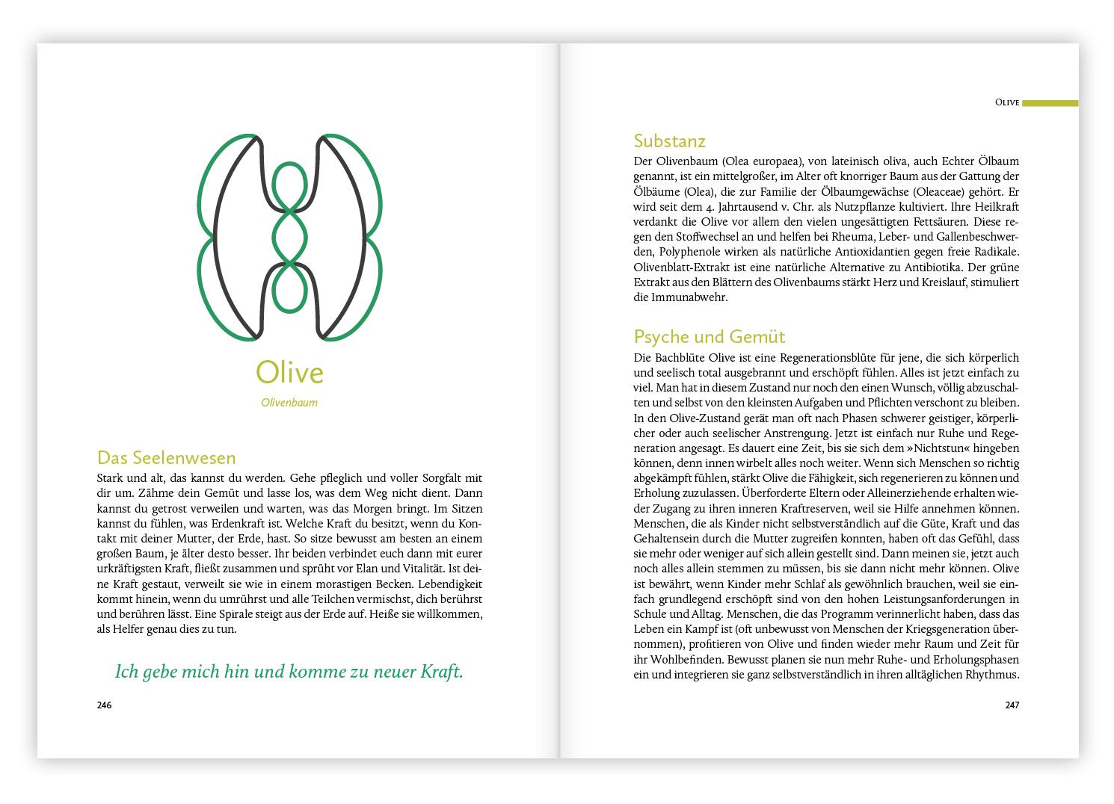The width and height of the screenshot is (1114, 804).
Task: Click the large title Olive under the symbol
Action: (289, 372)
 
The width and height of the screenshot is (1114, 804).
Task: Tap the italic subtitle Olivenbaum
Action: (289, 403)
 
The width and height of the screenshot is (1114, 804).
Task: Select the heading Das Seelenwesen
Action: (167, 457)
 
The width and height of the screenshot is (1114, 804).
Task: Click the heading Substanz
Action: (669, 140)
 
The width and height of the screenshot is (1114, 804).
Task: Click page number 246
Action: (104, 705)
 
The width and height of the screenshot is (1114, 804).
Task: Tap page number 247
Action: (1012, 705)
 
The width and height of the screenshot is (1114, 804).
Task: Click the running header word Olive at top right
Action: (1006, 102)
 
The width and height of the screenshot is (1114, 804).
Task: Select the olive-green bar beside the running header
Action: (1050, 102)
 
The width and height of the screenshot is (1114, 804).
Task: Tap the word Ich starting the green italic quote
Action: (127, 672)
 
